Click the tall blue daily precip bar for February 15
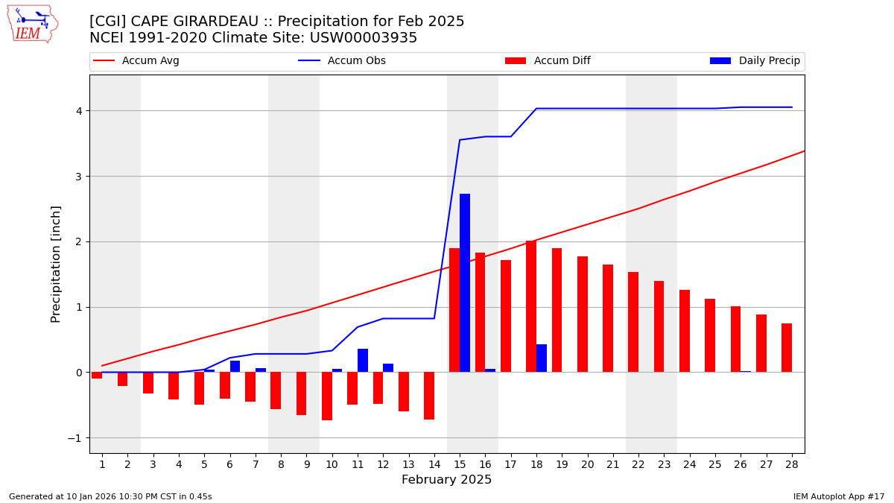tap(465, 283)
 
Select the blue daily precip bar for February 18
tap(542, 358)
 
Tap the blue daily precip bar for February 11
tap(363, 361)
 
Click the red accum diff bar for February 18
tap(531, 306)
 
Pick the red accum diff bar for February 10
tap(327, 396)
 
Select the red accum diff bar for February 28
tap(787, 348)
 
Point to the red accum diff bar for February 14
tap(429, 396)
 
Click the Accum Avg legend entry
tap(137, 61)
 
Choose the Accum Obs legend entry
tap(343, 61)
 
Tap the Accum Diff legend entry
tap(548, 61)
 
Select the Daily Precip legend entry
tap(755, 61)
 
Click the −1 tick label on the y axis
tap(74, 438)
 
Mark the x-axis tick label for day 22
tap(638, 465)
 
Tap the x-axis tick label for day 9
tap(306, 465)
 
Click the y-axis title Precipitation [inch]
tap(56, 264)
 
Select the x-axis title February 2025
tap(446, 480)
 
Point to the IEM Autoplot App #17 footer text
tap(838, 496)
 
